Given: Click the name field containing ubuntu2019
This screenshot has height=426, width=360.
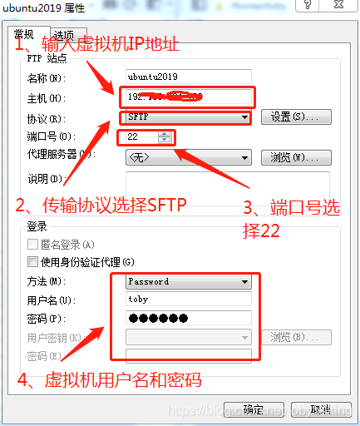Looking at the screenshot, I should [187, 77].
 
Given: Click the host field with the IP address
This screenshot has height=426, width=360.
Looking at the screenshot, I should [187, 97].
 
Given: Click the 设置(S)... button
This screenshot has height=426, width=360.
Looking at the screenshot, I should [295, 117].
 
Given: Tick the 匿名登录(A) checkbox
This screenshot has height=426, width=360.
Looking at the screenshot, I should [33, 245].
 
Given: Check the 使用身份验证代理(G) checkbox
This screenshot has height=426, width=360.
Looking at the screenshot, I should [33, 262].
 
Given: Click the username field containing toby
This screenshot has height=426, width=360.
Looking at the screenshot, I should [187, 300].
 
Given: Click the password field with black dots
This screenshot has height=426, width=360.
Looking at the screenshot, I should [187, 319].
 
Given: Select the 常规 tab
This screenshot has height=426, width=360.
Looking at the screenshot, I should [24, 34].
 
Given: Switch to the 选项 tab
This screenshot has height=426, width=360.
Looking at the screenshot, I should [62, 35].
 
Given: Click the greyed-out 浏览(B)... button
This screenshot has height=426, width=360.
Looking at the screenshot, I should [295, 338].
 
